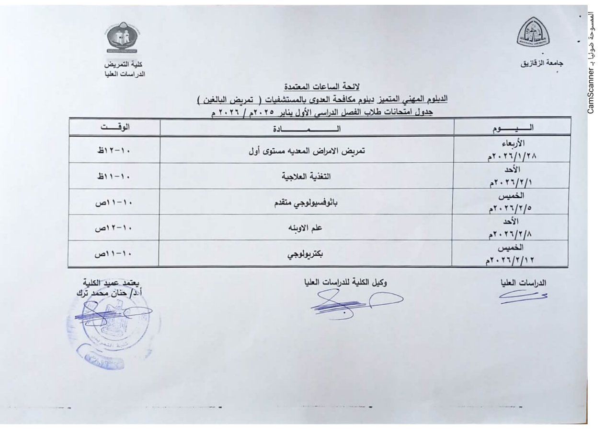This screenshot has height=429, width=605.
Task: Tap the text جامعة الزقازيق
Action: pyautogui.click(x=541, y=63)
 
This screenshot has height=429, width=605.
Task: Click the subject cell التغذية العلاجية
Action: pyautogui.click(x=306, y=176)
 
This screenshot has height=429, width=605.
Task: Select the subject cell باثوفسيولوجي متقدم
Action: pyautogui.click(x=306, y=203)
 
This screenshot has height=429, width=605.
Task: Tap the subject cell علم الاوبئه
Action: pyautogui.click(x=306, y=228)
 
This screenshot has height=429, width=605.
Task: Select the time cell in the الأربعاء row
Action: pyautogui.click(x=114, y=150)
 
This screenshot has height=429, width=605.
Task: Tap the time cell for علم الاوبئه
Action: pyautogui.click(x=114, y=228)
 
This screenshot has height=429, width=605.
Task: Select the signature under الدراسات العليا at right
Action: pyautogui.click(x=523, y=299)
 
